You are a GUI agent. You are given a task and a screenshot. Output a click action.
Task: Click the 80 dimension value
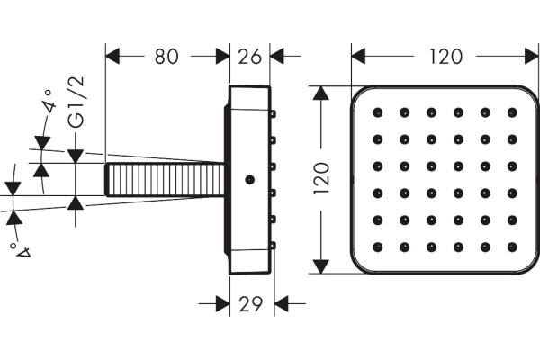point(166,57)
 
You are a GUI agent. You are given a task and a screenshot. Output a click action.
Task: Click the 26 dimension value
point(249,57)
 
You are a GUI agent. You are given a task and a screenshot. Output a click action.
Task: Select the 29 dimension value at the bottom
point(251,304)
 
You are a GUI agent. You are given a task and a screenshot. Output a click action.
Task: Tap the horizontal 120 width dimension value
point(445,57)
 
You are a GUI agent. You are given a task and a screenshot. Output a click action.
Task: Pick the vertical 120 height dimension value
point(321,178)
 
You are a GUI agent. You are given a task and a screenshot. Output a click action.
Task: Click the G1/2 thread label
point(76,103)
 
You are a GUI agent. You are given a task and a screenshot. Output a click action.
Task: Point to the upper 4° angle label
point(49,102)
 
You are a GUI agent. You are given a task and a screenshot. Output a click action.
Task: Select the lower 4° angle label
point(20,250)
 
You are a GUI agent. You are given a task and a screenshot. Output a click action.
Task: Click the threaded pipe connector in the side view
point(165,179)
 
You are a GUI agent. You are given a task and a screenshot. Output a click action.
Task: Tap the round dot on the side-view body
point(249,179)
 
